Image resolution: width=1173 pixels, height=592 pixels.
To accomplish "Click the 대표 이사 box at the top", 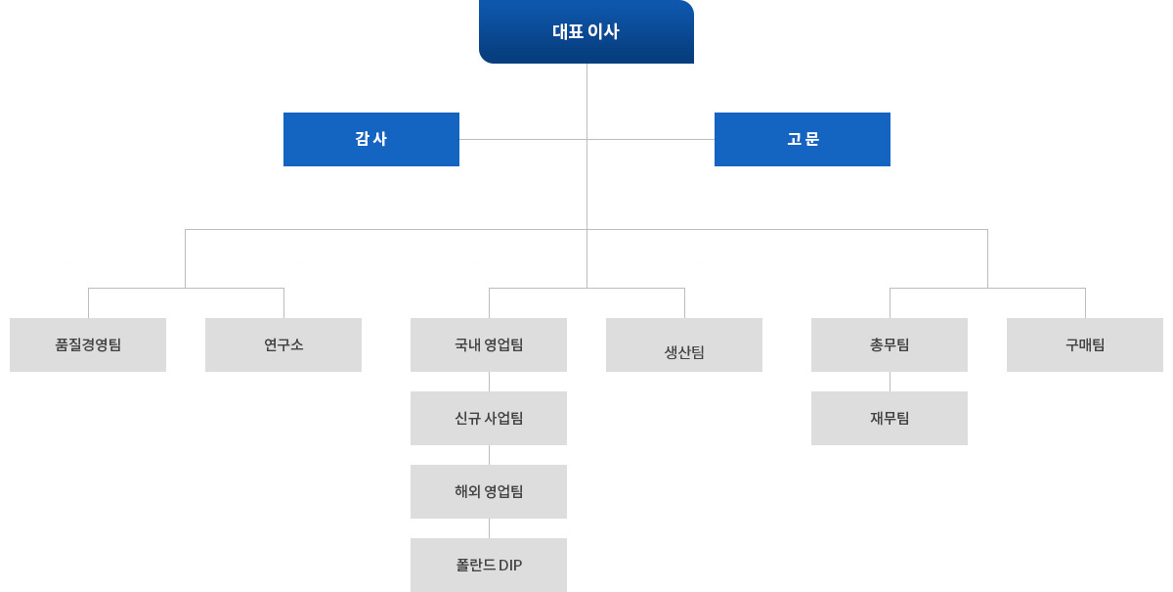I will [586, 31].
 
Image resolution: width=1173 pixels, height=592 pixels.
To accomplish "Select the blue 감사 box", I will [371, 139].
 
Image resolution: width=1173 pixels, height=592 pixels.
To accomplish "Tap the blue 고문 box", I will [803, 139].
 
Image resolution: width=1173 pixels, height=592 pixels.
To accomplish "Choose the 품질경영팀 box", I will [88, 344].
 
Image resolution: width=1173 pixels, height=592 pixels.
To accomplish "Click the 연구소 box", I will [283, 344].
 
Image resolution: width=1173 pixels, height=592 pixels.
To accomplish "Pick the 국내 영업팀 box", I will [489, 344].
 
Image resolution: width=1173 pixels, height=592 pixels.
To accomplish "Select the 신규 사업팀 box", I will [489, 418].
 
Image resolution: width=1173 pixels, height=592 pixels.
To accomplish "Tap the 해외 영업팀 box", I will [489, 491].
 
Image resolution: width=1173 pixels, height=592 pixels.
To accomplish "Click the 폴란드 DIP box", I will [489, 565].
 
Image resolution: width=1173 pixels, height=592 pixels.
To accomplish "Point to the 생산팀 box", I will [684, 344].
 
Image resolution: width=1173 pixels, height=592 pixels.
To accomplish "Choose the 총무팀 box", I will [890, 344].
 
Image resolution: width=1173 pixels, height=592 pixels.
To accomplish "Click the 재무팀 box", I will [890, 418].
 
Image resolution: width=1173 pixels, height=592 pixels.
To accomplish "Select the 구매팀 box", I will [1085, 344].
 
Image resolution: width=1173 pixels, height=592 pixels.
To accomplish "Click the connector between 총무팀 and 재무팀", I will [890, 382].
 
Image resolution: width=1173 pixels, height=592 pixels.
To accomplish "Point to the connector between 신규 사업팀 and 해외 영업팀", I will [489, 455].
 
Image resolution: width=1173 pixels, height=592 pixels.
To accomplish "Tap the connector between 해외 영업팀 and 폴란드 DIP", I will [489, 528].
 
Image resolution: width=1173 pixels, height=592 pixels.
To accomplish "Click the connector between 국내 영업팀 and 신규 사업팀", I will [489, 382].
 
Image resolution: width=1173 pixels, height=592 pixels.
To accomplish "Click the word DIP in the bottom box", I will [510, 565].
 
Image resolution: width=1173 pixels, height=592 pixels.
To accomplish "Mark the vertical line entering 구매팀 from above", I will [1085, 303].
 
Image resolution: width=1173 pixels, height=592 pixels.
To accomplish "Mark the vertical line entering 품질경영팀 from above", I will [88, 303].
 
